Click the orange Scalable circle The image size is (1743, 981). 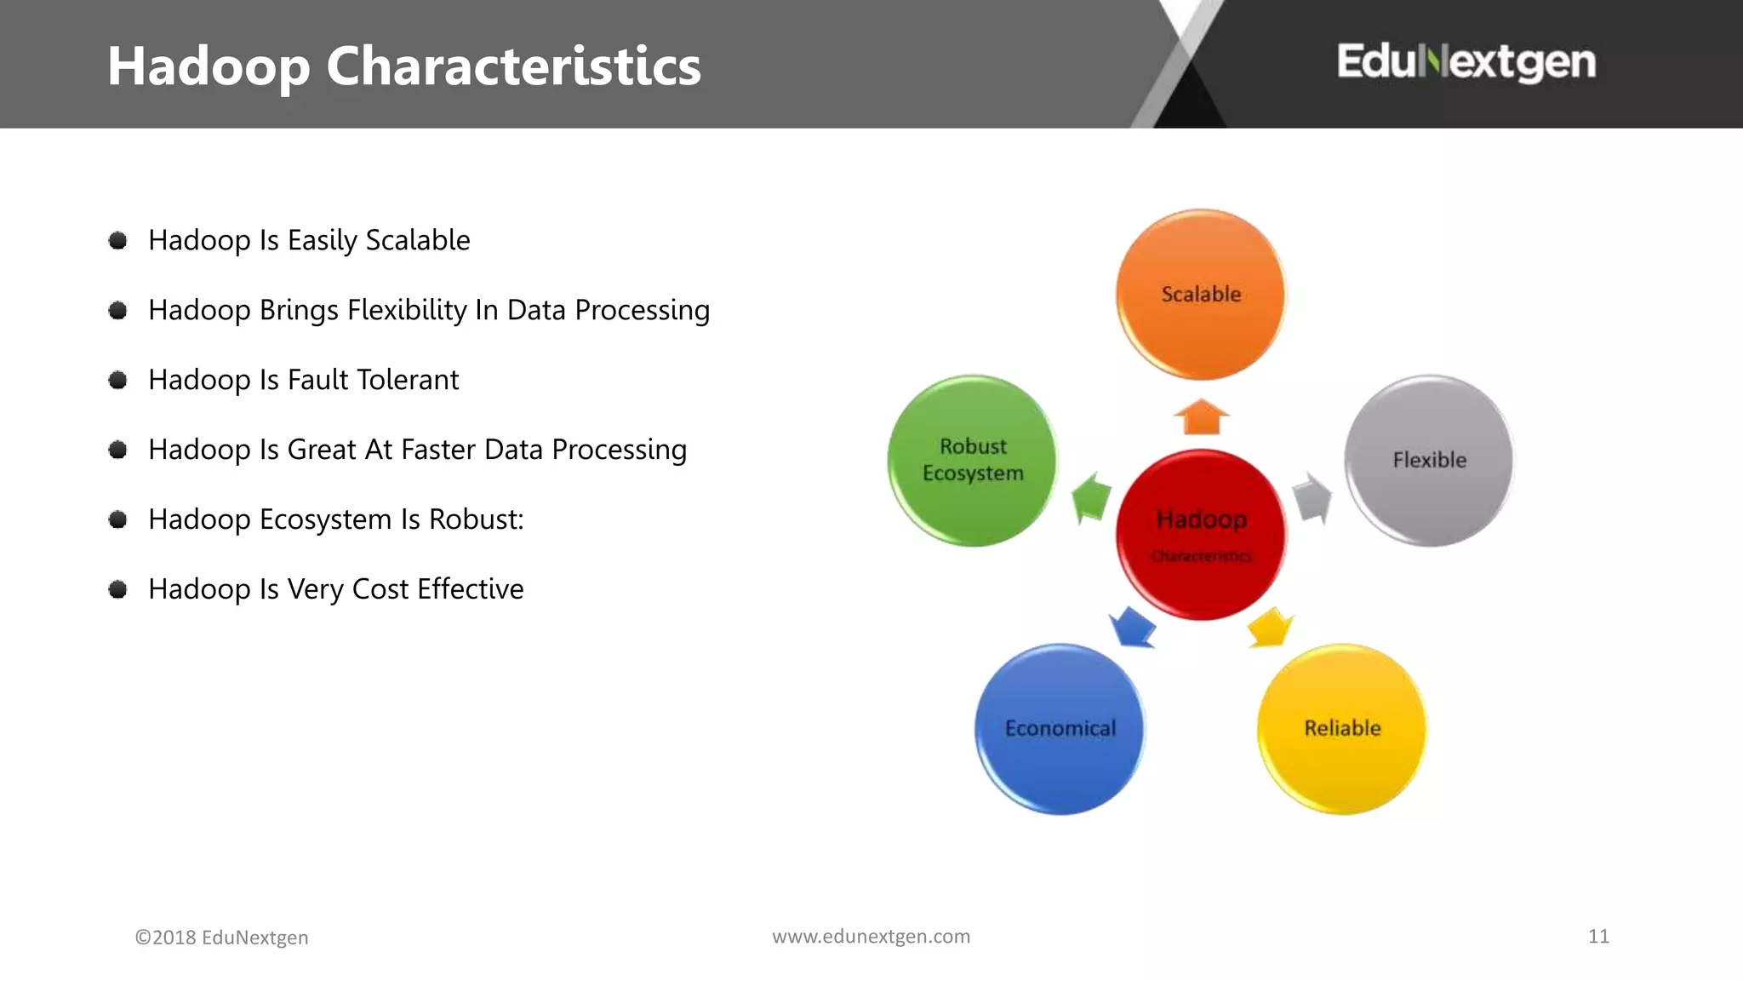click(1201, 294)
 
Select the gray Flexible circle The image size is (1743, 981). click(1429, 461)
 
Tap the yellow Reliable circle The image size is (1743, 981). click(1342, 729)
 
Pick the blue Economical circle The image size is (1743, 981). click(1060, 729)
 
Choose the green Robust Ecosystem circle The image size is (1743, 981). click(972, 461)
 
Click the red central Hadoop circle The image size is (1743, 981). click(1201, 534)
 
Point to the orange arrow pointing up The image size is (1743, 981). click(1201, 417)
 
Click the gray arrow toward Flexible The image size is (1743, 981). click(1312, 497)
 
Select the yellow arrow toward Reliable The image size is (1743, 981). click(1270, 628)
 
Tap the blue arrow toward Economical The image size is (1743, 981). click(1133, 628)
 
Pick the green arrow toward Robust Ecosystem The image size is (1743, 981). click(1091, 497)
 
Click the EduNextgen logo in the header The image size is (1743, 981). click(1466, 62)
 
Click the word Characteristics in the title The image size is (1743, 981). click(513, 66)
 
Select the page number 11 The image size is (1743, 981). click(1598, 937)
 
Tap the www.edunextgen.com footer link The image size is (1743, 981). click(871, 937)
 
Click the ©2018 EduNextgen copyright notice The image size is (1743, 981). click(221, 938)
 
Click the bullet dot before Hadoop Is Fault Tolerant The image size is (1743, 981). click(118, 380)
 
